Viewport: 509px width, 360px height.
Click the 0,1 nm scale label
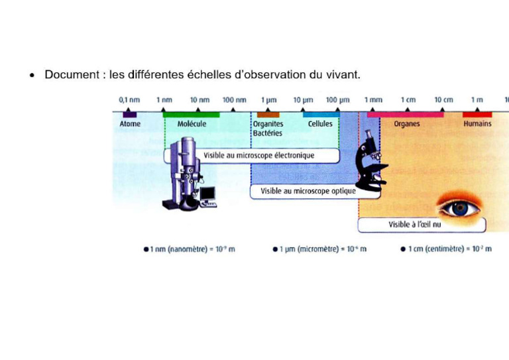[x=129, y=100]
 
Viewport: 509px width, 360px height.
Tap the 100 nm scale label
[x=235, y=100]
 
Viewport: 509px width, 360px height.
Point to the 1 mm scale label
[x=372, y=100]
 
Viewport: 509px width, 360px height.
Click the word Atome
[x=130, y=124]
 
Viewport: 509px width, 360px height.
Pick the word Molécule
[x=192, y=124]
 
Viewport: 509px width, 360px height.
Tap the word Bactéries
[x=267, y=133]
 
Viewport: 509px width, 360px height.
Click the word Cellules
[x=320, y=124]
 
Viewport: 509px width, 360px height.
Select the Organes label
[x=406, y=124]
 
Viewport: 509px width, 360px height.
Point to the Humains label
[x=477, y=124]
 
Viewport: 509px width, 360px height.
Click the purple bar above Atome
[x=130, y=115]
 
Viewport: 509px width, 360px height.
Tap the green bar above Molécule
[x=191, y=115]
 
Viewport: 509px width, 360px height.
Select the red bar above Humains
[x=477, y=115]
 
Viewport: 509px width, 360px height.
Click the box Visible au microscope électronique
[x=258, y=156]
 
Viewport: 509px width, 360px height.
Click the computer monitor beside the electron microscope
[x=208, y=193]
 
